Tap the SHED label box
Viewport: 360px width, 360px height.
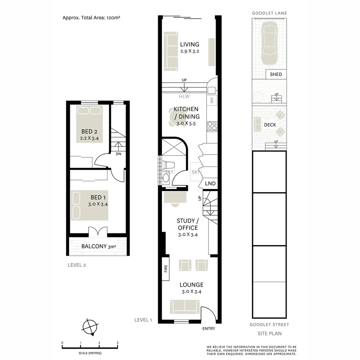(276, 74)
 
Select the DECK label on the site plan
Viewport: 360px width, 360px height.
(270, 125)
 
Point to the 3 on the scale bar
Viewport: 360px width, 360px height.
(117, 343)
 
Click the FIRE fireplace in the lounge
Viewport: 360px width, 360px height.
(165, 269)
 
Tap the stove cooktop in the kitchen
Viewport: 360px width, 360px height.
(212, 126)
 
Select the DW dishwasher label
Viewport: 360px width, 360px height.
(212, 100)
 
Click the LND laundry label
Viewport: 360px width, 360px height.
(210, 184)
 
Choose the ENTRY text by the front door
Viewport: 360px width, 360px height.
(209, 329)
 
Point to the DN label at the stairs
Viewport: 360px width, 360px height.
(118, 154)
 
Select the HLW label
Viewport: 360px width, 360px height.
(184, 97)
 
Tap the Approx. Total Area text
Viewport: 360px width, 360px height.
(91, 18)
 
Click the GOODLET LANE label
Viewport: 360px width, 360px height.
(269, 13)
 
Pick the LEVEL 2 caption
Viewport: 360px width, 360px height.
(77, 265)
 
